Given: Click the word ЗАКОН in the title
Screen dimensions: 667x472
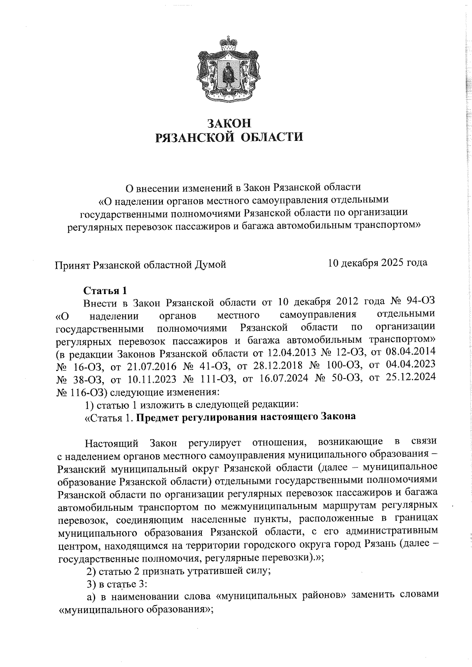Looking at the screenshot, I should pyautogui.click(x=229, y=124).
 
